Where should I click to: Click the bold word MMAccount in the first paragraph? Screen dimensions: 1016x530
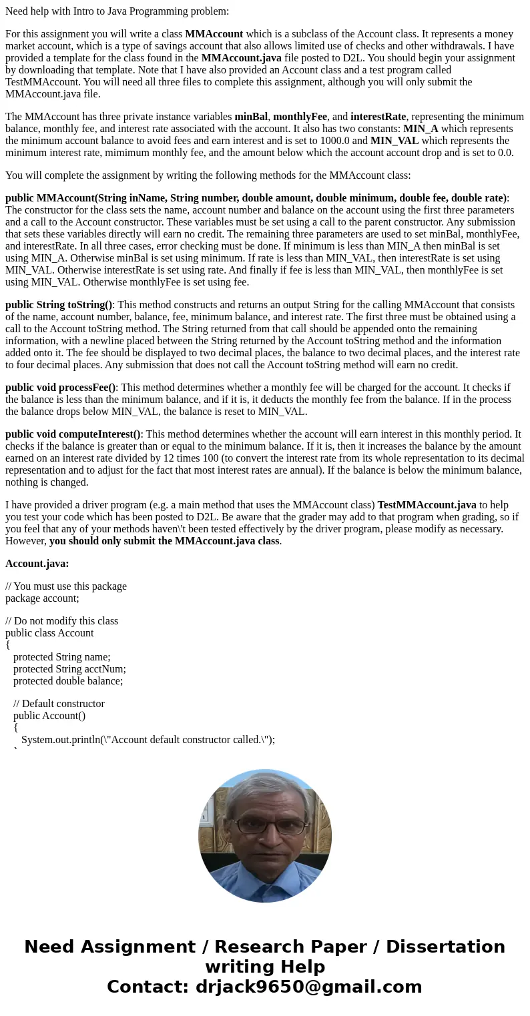(214, 34)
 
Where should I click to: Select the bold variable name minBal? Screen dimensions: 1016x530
(250, 117)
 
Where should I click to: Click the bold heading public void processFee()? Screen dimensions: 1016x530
(60, 388)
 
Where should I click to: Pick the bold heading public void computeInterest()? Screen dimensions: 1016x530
(73, 434)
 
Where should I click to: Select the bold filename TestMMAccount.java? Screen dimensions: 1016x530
(427, 505)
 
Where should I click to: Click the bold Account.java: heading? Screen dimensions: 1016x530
(37, 564)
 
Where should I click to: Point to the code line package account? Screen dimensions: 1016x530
(42, 598)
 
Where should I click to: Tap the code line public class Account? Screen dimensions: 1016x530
(49, 633)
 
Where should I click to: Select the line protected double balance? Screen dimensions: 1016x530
(68, 681)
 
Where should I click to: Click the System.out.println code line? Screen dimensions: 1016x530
(148, 740)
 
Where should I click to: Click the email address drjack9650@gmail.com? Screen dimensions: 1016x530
(308, 987)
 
